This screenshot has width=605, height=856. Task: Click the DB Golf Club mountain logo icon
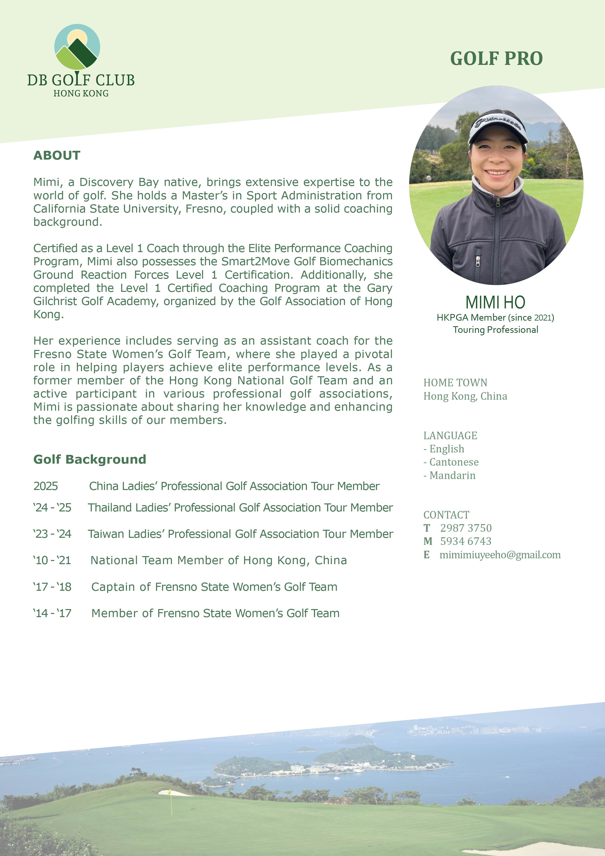click(x=77, y=47)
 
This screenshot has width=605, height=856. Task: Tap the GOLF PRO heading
click(x=496, y=59)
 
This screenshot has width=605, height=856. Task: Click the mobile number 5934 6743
click(x=466, y=541)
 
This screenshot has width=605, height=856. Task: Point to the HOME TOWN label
click(x=455, y=383)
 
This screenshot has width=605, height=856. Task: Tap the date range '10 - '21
click(x=52, y=560)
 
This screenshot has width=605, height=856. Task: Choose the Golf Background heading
click(x=90, y=459)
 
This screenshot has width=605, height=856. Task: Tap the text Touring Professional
click(x=495, y=330)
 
